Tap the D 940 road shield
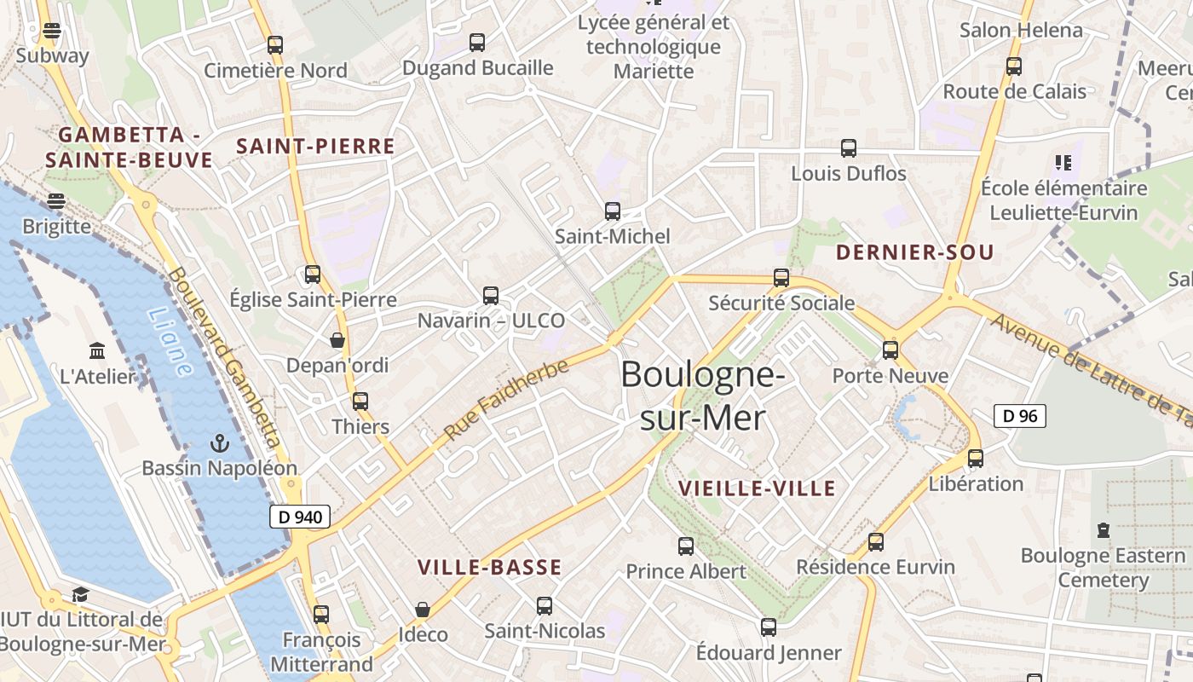click(300, 516)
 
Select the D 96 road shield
click(1020, 416)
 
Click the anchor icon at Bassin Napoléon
click(220, 443)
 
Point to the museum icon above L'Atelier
click(97, 351)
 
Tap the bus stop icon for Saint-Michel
click(612, 211)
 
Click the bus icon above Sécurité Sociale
click(781, 278)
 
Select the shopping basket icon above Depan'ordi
click(337, 340)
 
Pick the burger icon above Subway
click(52, 32)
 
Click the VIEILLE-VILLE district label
click(757, 488)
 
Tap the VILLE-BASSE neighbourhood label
click(490, 568)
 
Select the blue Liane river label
click(170, 342)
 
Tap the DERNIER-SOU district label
click(914, 252)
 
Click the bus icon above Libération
click(976, 459)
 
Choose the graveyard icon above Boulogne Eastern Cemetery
click(1104, 530)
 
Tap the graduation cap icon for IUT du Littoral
click(81, 594)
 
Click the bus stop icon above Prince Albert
click(686, 546)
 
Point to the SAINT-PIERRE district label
click(315, 147)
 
